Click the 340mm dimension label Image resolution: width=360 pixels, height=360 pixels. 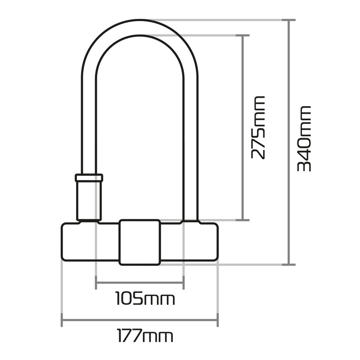click(x=305, y=138)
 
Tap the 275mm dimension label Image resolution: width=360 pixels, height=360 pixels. click(x=258, y=127)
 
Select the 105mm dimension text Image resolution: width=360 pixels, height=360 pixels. click(x=145, y=298)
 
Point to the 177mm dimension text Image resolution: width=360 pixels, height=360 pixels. click(x=145, y=335)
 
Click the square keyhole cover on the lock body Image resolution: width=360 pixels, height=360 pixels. click(x=139, y=242)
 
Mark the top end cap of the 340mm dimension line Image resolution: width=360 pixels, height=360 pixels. click(x=288, y=20)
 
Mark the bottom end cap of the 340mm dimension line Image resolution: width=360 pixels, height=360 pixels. click(x=288, y=265)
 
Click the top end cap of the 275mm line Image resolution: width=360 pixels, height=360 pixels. click(x=243, y=35)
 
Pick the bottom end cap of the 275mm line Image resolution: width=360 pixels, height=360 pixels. click(x=243, y=220)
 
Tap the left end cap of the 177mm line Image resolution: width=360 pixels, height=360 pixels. click(x=61, y=320)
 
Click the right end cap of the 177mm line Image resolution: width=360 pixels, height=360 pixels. click(x=218, y=320)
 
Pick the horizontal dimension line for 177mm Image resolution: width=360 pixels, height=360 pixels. click(x=139, y=320)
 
